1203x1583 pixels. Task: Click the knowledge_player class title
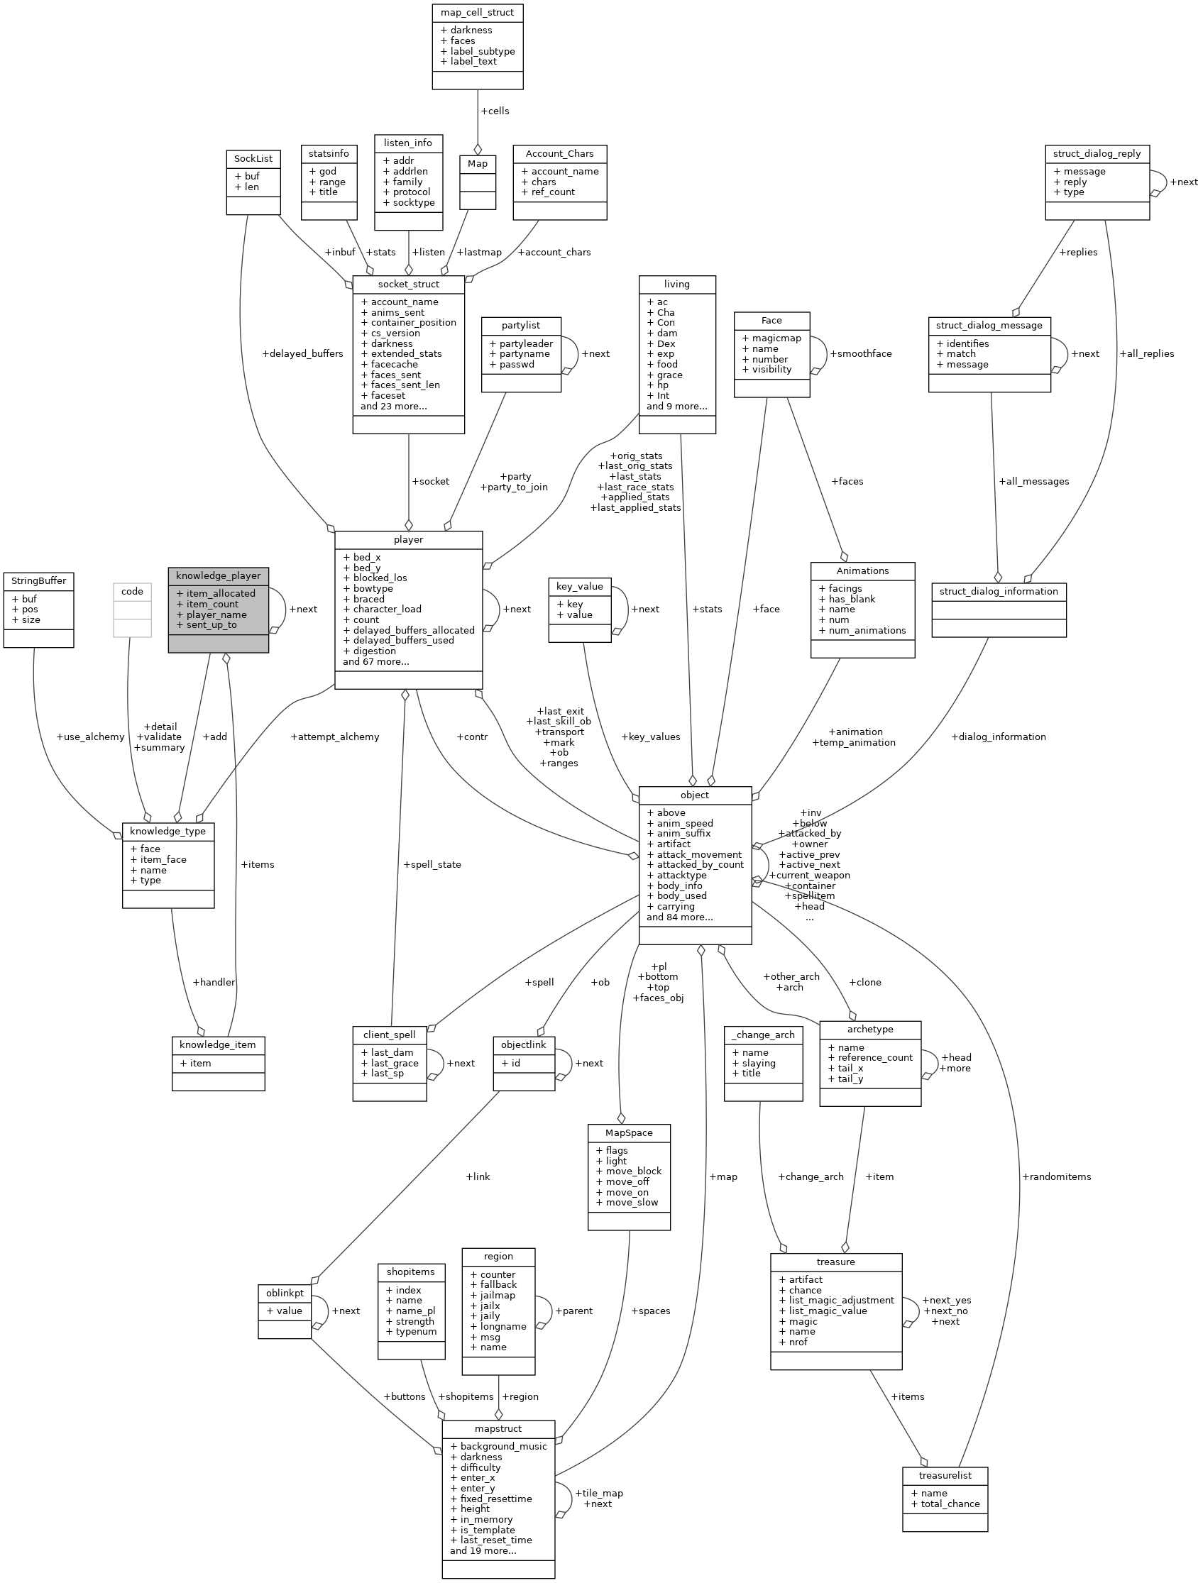coord(219,575)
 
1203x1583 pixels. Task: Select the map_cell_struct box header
coord(478,12)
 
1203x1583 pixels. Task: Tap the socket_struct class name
coord(408,285)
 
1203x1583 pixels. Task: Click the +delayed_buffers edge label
coord(303,353)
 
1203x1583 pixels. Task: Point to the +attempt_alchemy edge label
coord(335,737)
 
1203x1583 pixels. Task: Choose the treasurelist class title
coord(945,1476)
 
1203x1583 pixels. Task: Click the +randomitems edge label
coord(1056,1176)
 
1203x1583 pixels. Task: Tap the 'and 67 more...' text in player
coord(376,661)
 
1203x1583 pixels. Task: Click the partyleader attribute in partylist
coord(520,343)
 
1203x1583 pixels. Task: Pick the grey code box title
coord(133,591)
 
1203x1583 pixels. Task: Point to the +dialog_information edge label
coord(998,737)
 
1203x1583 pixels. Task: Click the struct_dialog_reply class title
coord(1097,153)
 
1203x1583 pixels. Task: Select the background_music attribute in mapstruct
coord(498,1446)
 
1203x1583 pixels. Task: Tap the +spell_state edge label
coord(432,864)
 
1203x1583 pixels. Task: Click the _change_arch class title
coord(764,1035)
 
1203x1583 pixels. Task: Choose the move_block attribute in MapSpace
coord(629,1171)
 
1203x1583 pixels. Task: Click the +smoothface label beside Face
coord(861,353)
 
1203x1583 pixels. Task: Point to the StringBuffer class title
coord(38,580)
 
